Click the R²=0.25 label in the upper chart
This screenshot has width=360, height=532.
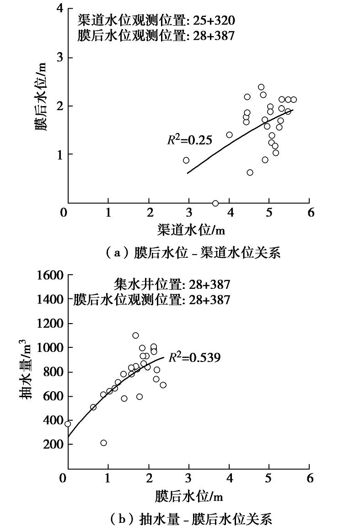(189, 140)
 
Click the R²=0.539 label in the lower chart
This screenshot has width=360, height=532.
(194, 357)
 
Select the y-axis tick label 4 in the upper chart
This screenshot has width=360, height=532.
(58, 9)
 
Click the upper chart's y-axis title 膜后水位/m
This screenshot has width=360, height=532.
(42, 105)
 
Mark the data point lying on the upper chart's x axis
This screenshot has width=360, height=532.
(215, 203)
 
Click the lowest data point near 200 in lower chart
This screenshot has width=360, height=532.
(103, 443)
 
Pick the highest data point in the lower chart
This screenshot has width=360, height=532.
(135, 335)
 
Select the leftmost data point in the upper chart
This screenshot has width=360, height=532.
(186, 160)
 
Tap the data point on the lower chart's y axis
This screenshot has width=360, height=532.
(68, 424)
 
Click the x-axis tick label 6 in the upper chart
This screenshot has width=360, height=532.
(310, 213)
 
